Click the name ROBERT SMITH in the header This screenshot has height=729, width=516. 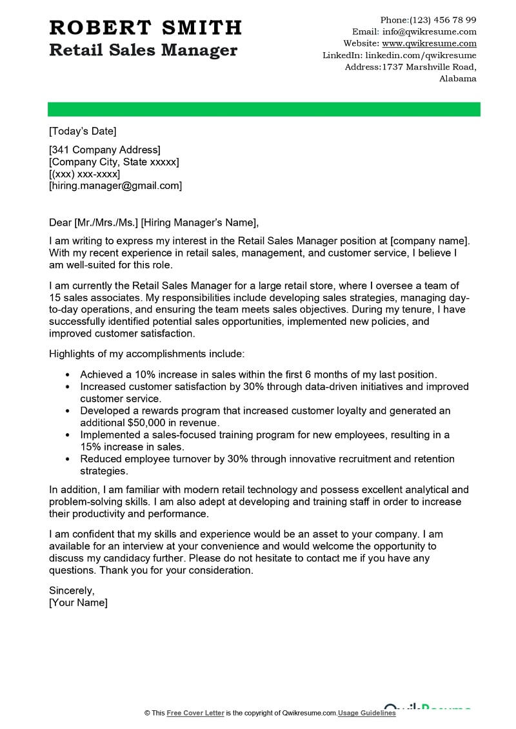145,28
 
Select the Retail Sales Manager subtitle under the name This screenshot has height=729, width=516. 143,50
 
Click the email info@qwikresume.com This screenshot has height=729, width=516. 429,32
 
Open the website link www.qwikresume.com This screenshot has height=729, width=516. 429,43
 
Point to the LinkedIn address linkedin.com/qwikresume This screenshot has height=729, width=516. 421,55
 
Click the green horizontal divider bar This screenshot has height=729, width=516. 264,109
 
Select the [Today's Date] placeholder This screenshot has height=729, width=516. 83,131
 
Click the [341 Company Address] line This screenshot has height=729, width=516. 104,150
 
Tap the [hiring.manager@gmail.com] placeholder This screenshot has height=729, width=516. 115,186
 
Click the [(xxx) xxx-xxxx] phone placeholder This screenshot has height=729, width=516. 84,174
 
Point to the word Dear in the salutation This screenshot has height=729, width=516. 60,223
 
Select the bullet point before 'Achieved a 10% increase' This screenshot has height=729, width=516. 68,374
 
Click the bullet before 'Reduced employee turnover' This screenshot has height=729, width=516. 68,460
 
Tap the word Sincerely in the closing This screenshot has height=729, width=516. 72,590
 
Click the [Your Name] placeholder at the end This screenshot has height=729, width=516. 78,603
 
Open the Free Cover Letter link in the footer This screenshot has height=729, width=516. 195,713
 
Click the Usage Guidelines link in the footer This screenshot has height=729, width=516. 366,713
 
